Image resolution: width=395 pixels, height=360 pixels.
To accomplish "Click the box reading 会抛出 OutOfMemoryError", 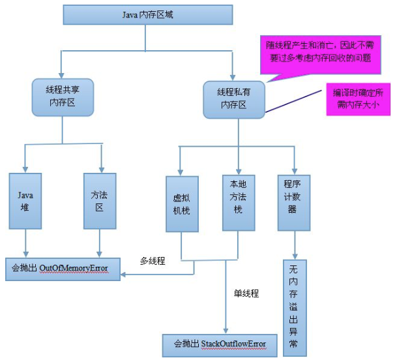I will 63,267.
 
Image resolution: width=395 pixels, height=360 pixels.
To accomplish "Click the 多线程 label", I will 153,260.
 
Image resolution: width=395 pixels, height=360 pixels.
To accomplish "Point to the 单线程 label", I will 246,293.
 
